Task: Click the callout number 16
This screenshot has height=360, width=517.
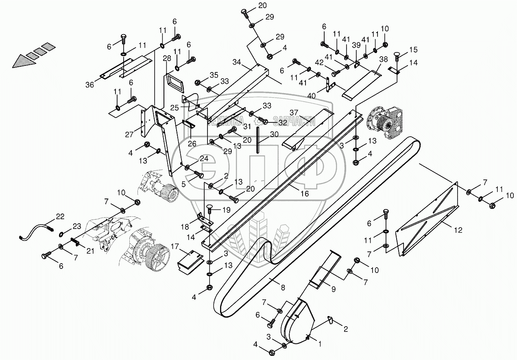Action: tap(305, 194)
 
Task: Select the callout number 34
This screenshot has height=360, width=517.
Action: tap(237, 62)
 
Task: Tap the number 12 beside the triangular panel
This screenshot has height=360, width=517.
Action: tap(458, 230)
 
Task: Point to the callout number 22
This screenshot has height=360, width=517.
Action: tap(60, 217)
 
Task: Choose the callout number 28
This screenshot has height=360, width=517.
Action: tap(167, 59)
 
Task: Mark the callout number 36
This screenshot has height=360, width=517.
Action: tap(89, 84)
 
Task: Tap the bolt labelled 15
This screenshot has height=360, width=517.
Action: tap(397, 56)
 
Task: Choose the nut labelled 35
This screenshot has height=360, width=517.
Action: tap(198, 82)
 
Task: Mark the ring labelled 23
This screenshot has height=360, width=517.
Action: tap(61, 233)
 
